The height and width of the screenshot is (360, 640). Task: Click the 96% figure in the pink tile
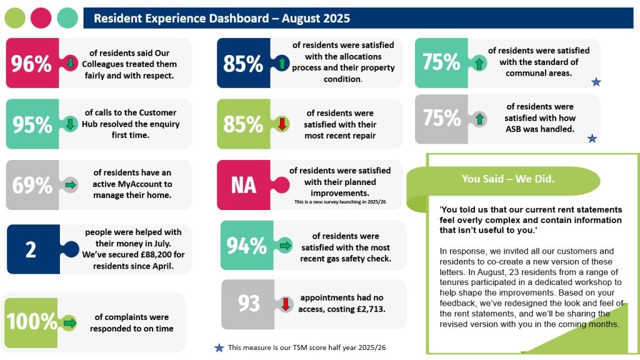pos(31,64)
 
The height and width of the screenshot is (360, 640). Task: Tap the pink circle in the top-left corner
pos(41,18)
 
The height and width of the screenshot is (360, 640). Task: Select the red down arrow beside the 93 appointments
pos(285,304)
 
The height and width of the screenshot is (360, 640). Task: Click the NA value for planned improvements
pos(243,186)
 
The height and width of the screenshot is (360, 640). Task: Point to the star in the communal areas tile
pos(596,82)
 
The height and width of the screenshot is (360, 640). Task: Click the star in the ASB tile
pos(592,138)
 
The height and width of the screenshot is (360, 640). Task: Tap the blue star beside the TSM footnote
pos(219,348)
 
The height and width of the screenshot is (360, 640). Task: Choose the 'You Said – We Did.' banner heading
pos(508,179)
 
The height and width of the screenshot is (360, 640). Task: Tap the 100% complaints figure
pos(32,322)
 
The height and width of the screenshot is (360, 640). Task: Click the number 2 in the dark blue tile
pos(31,249)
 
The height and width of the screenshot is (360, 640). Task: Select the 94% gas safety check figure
pos(246,246)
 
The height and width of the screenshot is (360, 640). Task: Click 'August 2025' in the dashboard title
pos(316,19)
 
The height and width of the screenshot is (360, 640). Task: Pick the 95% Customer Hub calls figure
pos(32,124)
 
